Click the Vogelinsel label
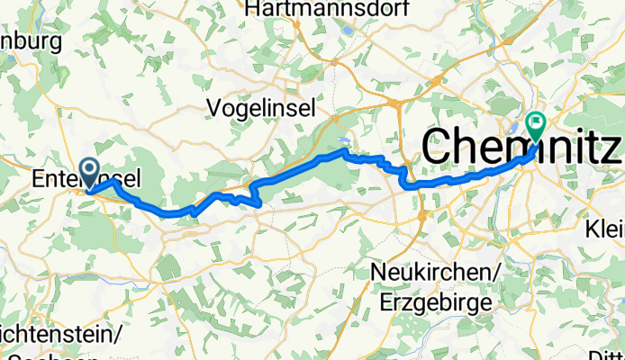[x=261, y=108]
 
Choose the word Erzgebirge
[x=436, y=301]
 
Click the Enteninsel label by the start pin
[x=86, y=180]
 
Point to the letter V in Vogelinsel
[x=214, y=108]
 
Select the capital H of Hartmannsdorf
[x=251, y=9]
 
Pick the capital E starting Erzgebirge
[x=386, y=301]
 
